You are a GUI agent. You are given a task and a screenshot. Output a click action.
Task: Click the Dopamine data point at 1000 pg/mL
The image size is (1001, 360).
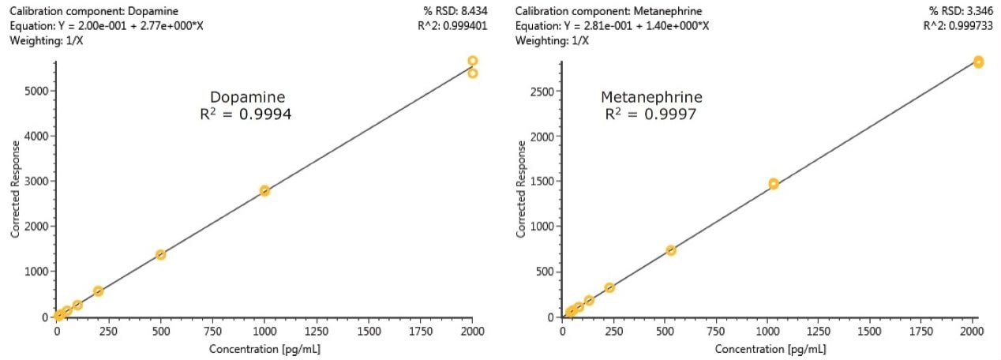point(264,190)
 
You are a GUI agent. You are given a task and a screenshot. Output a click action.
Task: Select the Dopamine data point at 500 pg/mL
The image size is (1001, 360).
point(160,254)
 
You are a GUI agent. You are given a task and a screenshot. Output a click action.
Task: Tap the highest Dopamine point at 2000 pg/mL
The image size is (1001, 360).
point(472,61)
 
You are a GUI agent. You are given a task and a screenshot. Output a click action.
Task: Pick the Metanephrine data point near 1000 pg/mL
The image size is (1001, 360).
point(774,184)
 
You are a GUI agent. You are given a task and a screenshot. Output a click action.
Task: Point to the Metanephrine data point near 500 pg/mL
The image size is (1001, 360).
point(671,250)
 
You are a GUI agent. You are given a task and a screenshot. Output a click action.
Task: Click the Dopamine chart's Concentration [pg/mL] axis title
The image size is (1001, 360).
point(264,348)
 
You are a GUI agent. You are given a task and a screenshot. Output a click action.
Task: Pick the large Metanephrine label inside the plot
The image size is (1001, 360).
point(651,97)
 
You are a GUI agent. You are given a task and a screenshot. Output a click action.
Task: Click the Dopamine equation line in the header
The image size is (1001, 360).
point(107,26)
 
